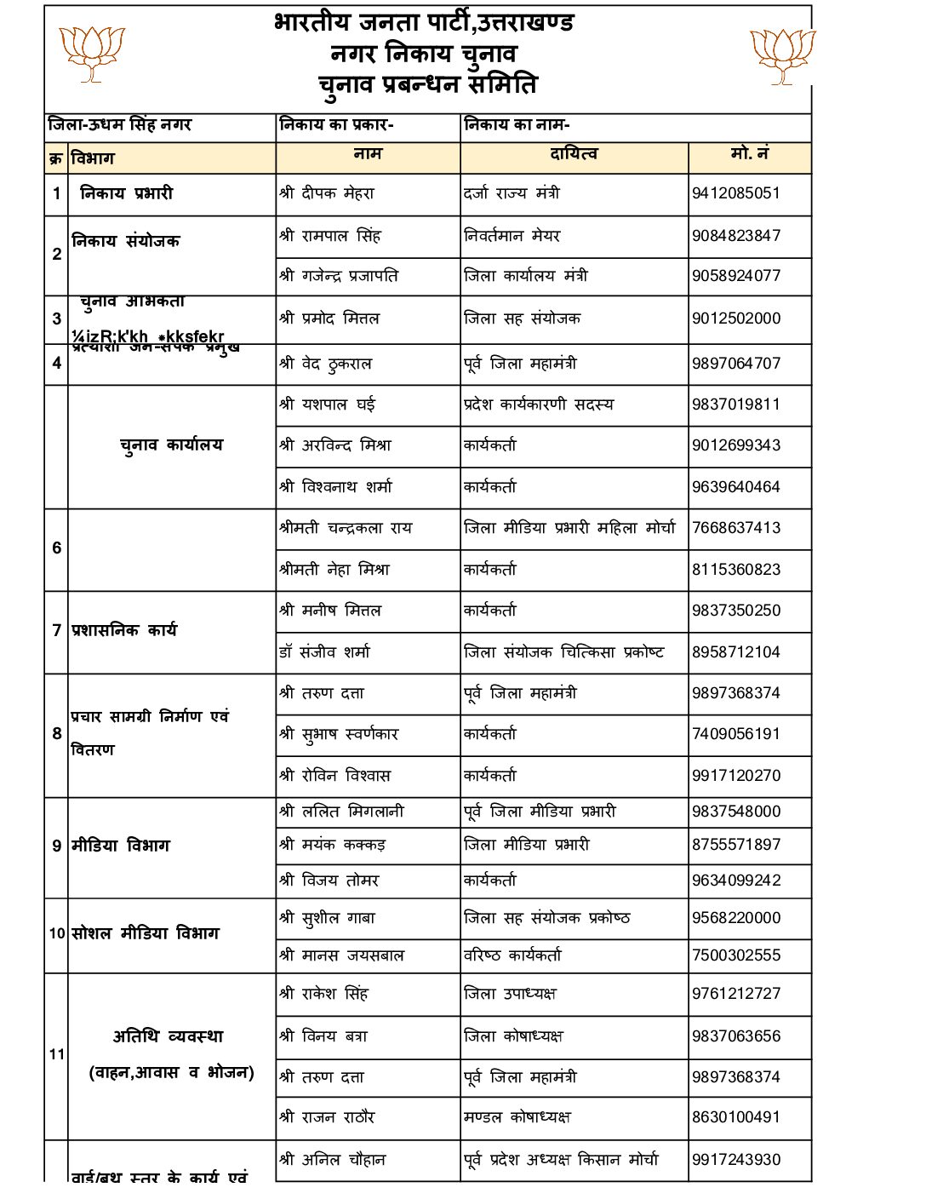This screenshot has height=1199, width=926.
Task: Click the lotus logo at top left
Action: (92, 53)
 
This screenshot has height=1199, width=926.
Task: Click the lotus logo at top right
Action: (783, 55)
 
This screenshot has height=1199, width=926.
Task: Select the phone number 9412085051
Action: (735, 193)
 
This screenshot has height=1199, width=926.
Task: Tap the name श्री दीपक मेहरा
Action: (326, 193)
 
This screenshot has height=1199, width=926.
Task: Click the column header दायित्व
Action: (574, 154)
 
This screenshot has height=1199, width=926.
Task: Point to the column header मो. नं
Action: (749, 154)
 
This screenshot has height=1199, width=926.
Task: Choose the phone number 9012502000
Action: (735, 318)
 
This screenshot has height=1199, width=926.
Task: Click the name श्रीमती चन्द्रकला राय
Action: (345, 528)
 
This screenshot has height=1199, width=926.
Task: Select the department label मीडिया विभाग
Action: (121, 846)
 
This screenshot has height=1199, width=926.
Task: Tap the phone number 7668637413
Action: (735, 528)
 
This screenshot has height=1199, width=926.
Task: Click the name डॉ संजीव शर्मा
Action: (324, 652)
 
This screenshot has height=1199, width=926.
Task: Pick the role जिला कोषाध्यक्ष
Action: (513, 1036)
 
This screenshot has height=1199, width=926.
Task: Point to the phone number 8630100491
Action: (735, 1117)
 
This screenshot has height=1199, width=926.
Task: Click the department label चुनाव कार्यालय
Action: (171, 445)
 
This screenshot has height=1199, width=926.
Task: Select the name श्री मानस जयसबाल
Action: (341, 955)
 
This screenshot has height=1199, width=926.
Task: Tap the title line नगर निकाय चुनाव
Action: (423, 54)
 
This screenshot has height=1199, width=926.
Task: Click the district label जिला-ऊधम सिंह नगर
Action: (119, 125)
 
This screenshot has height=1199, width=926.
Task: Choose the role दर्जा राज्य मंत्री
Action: (512, 193)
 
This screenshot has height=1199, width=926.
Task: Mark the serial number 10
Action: (56, 933)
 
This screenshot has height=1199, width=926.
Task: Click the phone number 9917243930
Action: (735, 1160)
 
